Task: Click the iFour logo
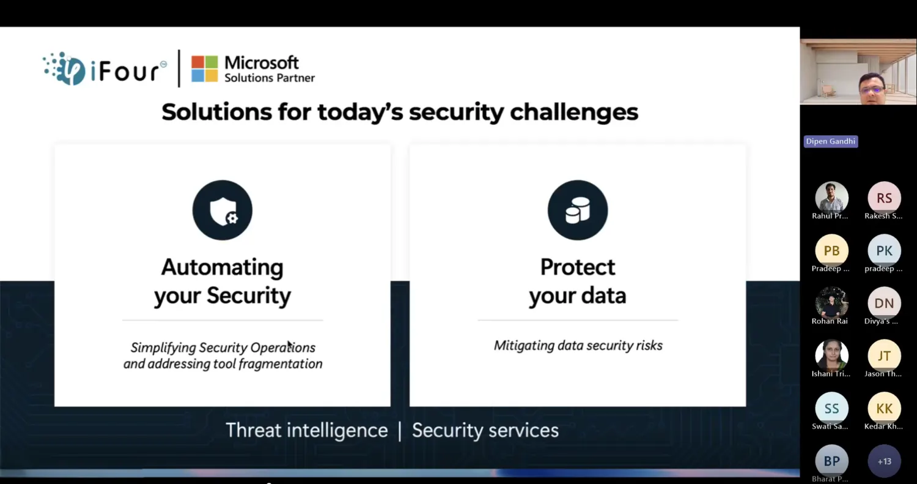[x=105, y=69]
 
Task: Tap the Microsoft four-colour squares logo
[x=205, y=69]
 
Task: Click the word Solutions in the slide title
[x=216, y=112]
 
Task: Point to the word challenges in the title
[x=574, y=113]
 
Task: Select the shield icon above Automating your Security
[x=223, y=210]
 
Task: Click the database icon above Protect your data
[x=578, y=210]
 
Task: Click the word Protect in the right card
[x=578, y=267]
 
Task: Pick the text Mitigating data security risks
[x=578, y=346]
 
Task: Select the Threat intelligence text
[x=307, y=430]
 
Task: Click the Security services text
[x=485, y=430]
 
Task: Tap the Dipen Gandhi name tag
[x=831, y=141]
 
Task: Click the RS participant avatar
[x=884, y=198]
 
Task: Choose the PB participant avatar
[x=831, y=251]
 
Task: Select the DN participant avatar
[x=884, y=303]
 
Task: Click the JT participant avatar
[x=884, y=356]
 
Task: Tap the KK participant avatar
[x=884, y=409]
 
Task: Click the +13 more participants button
[x=884, y=461]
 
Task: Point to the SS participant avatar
[x=831, y=409]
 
